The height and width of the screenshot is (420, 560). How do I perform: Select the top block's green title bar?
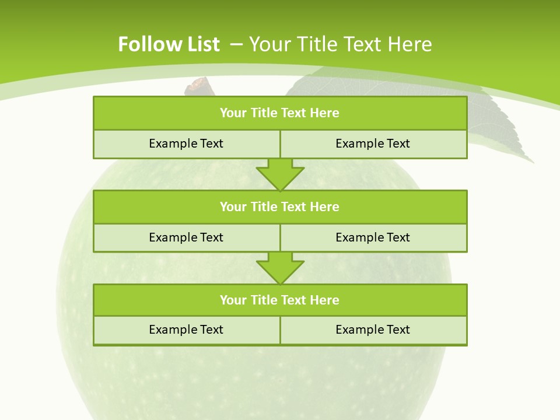click(280, 113)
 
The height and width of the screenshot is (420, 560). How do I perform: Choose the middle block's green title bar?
click(280, 207)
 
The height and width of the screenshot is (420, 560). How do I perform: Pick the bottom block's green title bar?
click(280, 300)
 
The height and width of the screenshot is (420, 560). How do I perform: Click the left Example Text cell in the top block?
click(187, 144)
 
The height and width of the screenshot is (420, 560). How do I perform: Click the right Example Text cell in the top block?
click(373, 144)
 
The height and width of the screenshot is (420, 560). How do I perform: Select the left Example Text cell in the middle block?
click(187, 238)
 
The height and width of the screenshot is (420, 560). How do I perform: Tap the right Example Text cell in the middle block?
click(373, 238)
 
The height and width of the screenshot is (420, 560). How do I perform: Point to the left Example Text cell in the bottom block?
click(187, 330)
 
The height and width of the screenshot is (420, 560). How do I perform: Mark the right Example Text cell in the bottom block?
click(373, 330)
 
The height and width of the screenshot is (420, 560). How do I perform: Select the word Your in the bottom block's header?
click(232, 300)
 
